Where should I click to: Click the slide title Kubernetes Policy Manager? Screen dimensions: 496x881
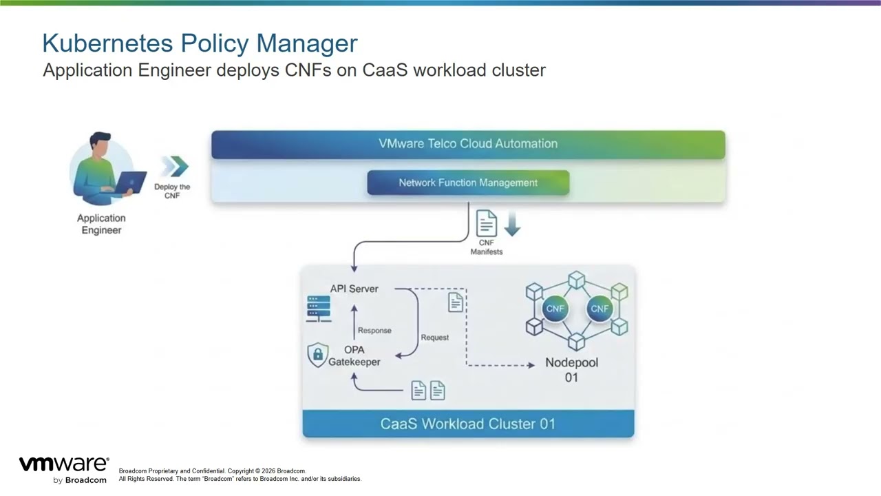(200, 43)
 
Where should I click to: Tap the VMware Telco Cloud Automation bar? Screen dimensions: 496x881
(468, 144)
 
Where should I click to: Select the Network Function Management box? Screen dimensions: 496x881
(468, 183)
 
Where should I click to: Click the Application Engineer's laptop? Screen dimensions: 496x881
(130, 181)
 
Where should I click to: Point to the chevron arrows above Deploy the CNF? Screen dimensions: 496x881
(175, 167)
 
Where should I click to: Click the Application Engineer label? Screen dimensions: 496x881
(101, 224)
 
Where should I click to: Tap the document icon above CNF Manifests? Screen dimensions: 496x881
(486, 223)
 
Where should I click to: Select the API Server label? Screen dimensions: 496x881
(354, 289)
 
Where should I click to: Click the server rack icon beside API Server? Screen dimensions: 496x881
(319, 309)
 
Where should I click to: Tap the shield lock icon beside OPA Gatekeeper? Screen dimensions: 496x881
(317, 355)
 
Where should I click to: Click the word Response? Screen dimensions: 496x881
(374, 331)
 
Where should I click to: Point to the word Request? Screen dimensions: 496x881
(434, 338)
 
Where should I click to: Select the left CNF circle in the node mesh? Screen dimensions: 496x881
(555, 309)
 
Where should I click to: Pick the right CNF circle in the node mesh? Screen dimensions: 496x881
(599, 309)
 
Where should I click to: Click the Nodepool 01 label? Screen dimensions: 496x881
(571, 369)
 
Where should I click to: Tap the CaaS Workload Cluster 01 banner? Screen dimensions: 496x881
(468, 424)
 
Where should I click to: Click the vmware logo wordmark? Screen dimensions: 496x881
(63, 464)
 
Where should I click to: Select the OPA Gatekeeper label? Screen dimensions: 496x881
(354, 355)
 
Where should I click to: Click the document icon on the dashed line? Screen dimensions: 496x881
(455, 302)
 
